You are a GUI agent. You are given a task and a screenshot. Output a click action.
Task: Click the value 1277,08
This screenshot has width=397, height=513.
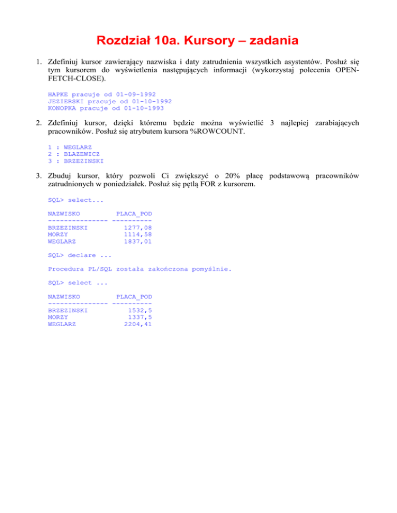pos(138,227)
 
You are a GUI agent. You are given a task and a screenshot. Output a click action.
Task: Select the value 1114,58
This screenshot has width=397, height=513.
pos(138,234)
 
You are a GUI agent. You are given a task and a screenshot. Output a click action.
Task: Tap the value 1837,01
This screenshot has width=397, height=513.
pos(138,241)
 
